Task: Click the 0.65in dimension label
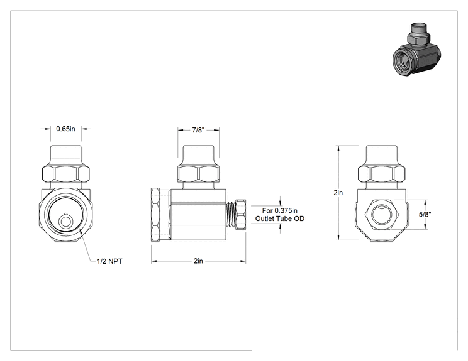pyautogui.click(x=65, y=129)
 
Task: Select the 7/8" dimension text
pyautogui.click(x=198, y=130)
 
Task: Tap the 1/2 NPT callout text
pyautogui.click(x=109, y=261)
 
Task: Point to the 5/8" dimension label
pyautogui.click(x=425, y=215)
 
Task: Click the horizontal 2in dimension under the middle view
pyautogui.click(x=198, y=261)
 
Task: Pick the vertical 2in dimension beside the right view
pyautogui.click(x=338, y=193)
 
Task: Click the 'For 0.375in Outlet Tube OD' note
pyautogui.click(x=280, y=215)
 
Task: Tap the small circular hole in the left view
pyautogui.click(x=64, y=221)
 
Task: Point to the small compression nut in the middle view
pyautogui.click(x=240, y=215)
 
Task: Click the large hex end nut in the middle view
pyautogui.click(x=155, y=215)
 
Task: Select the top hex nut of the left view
pyautogui.click(x=65, y=174)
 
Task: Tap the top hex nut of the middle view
pyautogui.click(x=199, y=174)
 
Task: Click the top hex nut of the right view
pyautogui.click(x=381, y=174)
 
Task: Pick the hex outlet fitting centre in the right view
pyautogui.click(x=381, y=215)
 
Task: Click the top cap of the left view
pyautogui.click(x=65, y=156)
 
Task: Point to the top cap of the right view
pyautogui.click(x=381, y=156)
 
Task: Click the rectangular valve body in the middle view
pyautogui.click(x=197, y=215)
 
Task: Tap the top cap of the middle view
pyautogui.click(x=199, y=156)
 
